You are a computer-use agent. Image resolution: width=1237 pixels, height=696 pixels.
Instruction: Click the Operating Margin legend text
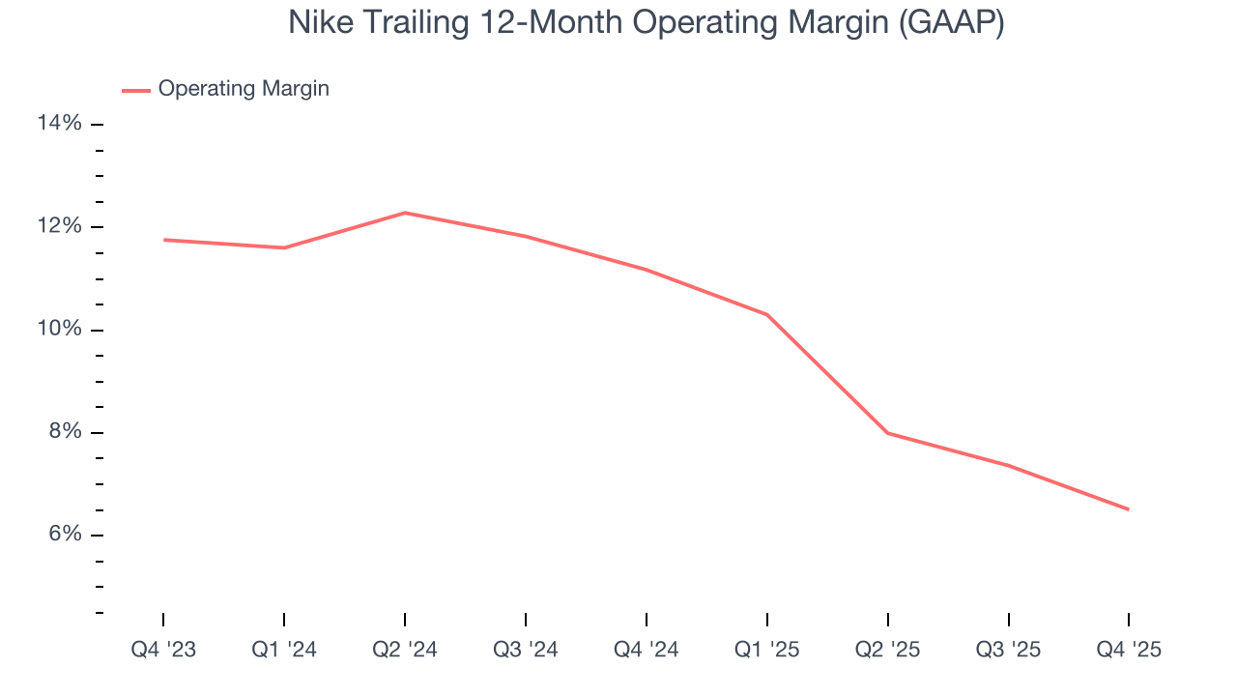[244, 89]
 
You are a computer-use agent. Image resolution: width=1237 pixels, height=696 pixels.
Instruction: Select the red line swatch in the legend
[135, 90]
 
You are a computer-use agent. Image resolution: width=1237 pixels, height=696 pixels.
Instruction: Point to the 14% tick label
[59, 124]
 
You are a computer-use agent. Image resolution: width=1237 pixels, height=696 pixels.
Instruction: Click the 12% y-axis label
[59, 226]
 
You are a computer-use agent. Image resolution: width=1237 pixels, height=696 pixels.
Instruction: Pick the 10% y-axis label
[59, 330]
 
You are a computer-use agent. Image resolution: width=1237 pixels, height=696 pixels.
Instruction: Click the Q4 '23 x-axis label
[163, 650]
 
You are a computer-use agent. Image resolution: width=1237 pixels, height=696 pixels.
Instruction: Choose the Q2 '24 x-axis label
[405, 650]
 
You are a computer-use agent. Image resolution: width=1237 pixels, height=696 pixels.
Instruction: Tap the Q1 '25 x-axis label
[767, 650]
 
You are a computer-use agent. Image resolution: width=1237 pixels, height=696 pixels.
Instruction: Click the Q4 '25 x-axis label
[1129, 650]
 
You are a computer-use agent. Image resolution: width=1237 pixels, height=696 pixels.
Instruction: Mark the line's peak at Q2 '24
[405, 213]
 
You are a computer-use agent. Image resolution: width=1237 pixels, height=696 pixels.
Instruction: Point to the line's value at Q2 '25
[887, 433]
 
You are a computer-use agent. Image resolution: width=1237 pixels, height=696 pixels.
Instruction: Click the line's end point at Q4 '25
[1128, 509]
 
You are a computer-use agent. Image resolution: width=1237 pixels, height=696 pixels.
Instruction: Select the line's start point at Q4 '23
[164, 240]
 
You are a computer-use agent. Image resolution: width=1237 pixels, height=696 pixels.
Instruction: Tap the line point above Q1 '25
[767, 315]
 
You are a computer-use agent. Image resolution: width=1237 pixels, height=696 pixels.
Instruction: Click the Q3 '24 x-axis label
[526, 650]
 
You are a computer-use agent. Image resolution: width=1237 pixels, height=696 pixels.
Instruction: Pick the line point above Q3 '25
[1008, 465]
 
